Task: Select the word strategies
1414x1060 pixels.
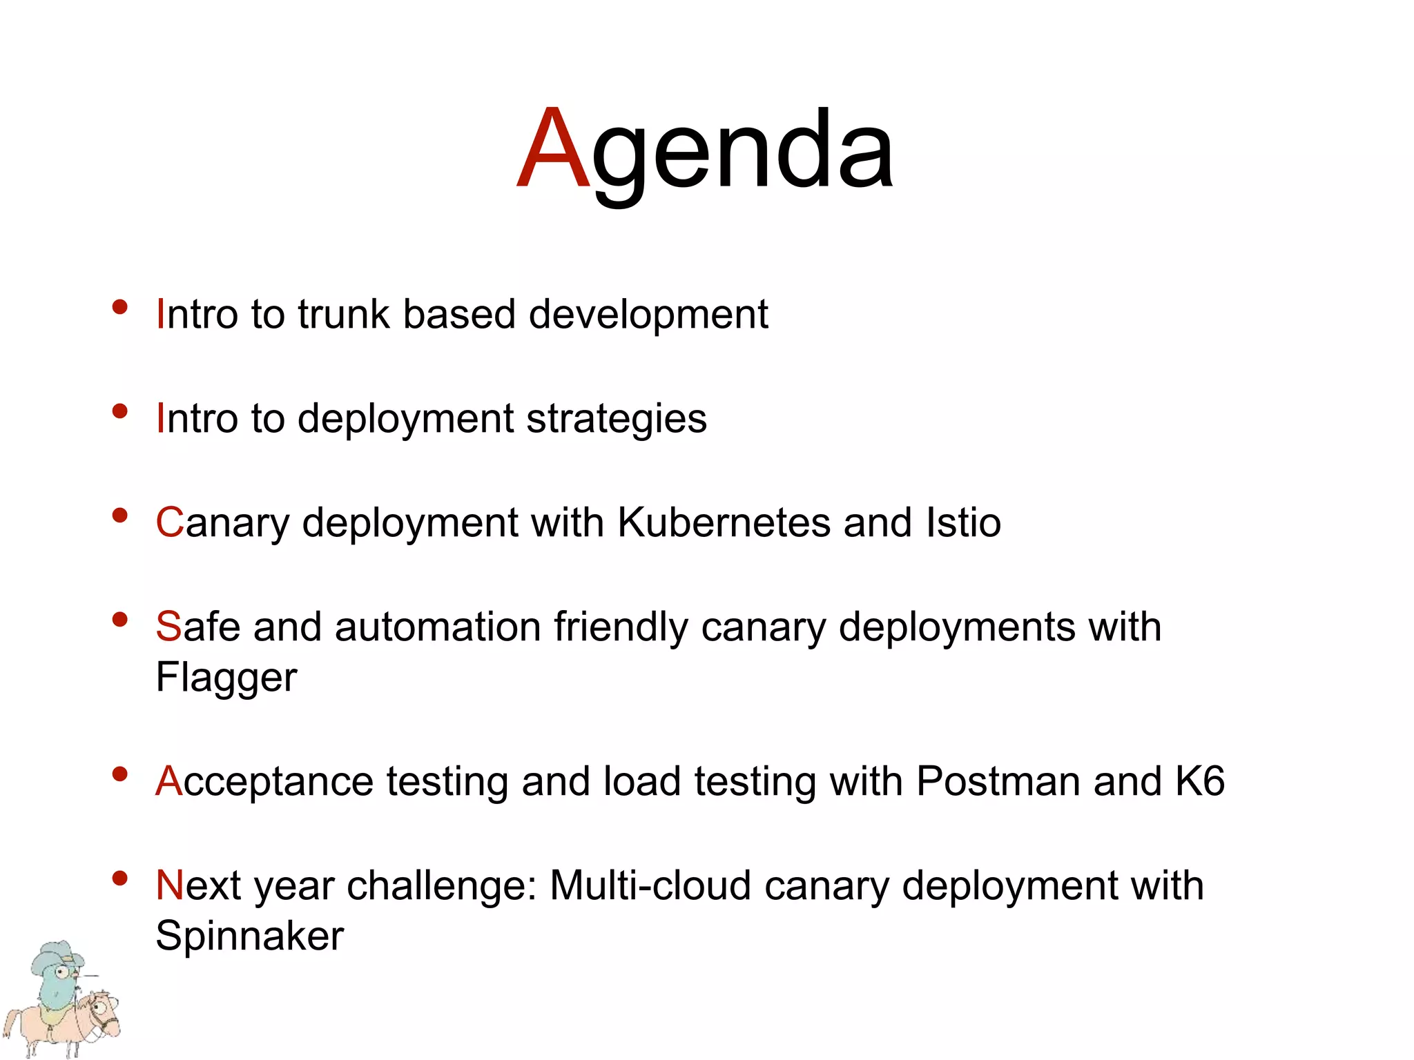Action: point(616,419)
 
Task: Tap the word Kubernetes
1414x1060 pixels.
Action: point(724,522)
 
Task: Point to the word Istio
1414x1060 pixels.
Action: point(963,522)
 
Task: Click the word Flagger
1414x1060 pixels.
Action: point(226,678)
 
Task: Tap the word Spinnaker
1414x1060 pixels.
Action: point(249,936)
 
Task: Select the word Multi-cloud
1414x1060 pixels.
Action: point(650,885)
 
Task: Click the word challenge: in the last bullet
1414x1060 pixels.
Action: point(442,885)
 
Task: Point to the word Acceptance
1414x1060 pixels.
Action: point(264,781)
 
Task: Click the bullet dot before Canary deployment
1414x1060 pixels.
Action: point(120,515)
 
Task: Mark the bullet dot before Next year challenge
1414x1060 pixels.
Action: point(120,878)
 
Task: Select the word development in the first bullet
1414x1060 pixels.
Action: point(648,315)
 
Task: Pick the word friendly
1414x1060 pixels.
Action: point(621,627)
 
